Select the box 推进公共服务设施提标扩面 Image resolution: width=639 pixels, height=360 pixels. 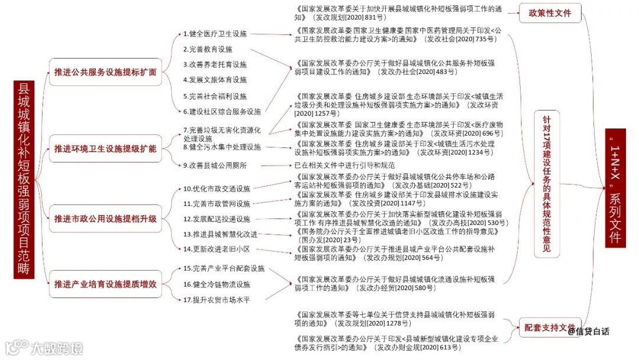tap(105, 72)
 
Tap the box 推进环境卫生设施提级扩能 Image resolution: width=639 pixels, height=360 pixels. tap(105, 148)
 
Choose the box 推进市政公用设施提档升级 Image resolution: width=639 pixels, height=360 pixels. tap(105, 218)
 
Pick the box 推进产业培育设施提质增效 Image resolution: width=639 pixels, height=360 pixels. tap(105, 285)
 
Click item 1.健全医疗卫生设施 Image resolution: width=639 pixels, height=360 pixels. tap(215, 34)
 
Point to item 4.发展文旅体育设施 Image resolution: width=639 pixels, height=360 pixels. tap(215, 80)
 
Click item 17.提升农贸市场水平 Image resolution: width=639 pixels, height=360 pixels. tap(217, 300)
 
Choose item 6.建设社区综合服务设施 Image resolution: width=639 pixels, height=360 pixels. tap(222, 111)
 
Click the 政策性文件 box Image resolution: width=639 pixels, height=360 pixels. tap(550, 13)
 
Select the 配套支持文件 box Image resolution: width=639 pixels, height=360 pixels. tap(550, 327)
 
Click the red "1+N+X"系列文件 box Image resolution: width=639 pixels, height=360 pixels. tap(615, 187)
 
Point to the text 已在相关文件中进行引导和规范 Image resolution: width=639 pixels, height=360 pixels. tap(344, 165)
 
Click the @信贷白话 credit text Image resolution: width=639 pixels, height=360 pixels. tap(588, 332)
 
